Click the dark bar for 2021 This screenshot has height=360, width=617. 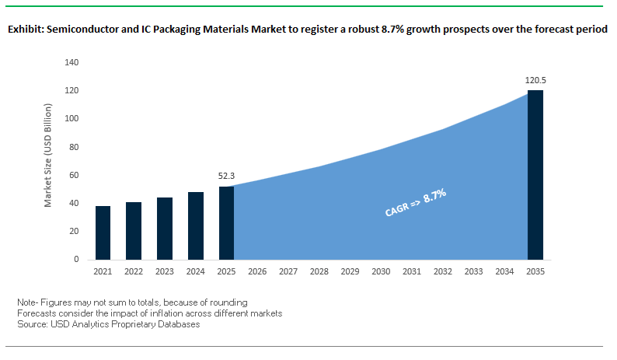(103, 232)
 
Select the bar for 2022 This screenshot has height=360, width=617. (134, 231)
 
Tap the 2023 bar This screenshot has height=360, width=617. (165, 229)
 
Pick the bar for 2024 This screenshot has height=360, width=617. (195, 225)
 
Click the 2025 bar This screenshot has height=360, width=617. (226, 223)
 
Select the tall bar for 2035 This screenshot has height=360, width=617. (535, 175)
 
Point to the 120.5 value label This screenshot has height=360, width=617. (535, 80)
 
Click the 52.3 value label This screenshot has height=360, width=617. (226, 177)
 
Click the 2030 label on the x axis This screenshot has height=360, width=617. (381, 271)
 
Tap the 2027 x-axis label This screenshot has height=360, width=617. (288, 271)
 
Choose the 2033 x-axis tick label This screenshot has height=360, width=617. (473, 271)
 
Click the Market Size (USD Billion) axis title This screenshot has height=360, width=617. (48, 161)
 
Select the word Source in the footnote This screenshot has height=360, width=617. (31, 324)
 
